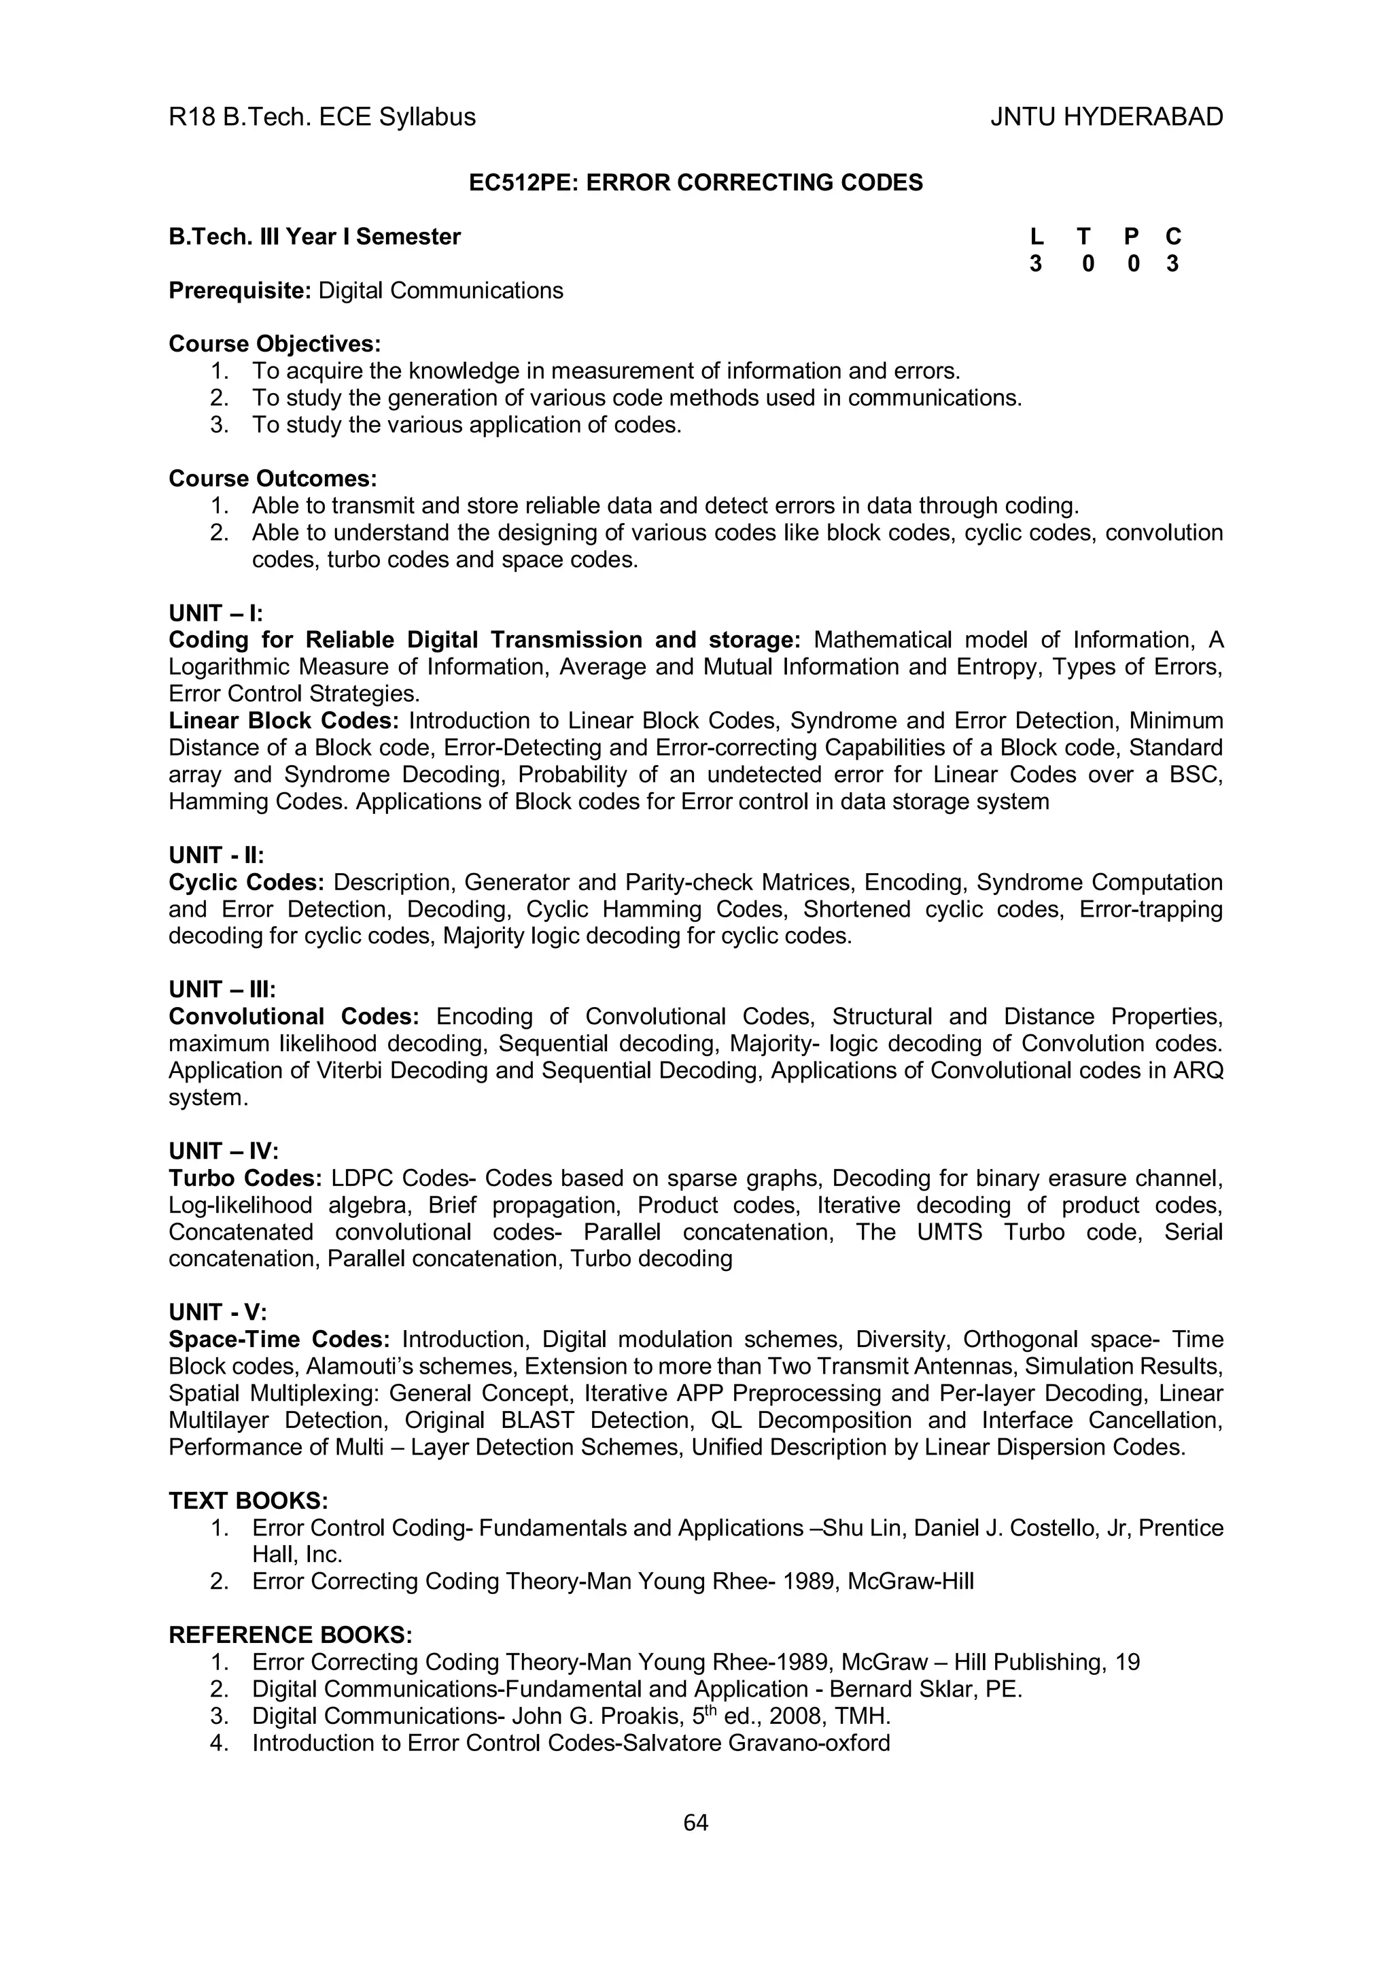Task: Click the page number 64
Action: pyautogui.click(x=695, y=1822)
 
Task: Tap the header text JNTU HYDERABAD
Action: pyautogui.click(x=1107, y=117)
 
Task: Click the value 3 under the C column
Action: pyautogui.click(x=1172, y=265)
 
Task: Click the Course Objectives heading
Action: pyautogui.click(x=275, y=344)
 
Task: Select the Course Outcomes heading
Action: pyautogui.click(x=273, y=478)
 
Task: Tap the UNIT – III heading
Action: pyautogui.click(x=222, y=989)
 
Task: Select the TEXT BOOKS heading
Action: pyautogui.click(x=249, y=1501)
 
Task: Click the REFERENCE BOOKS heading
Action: pyautogui.click(x=291, y=1635)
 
